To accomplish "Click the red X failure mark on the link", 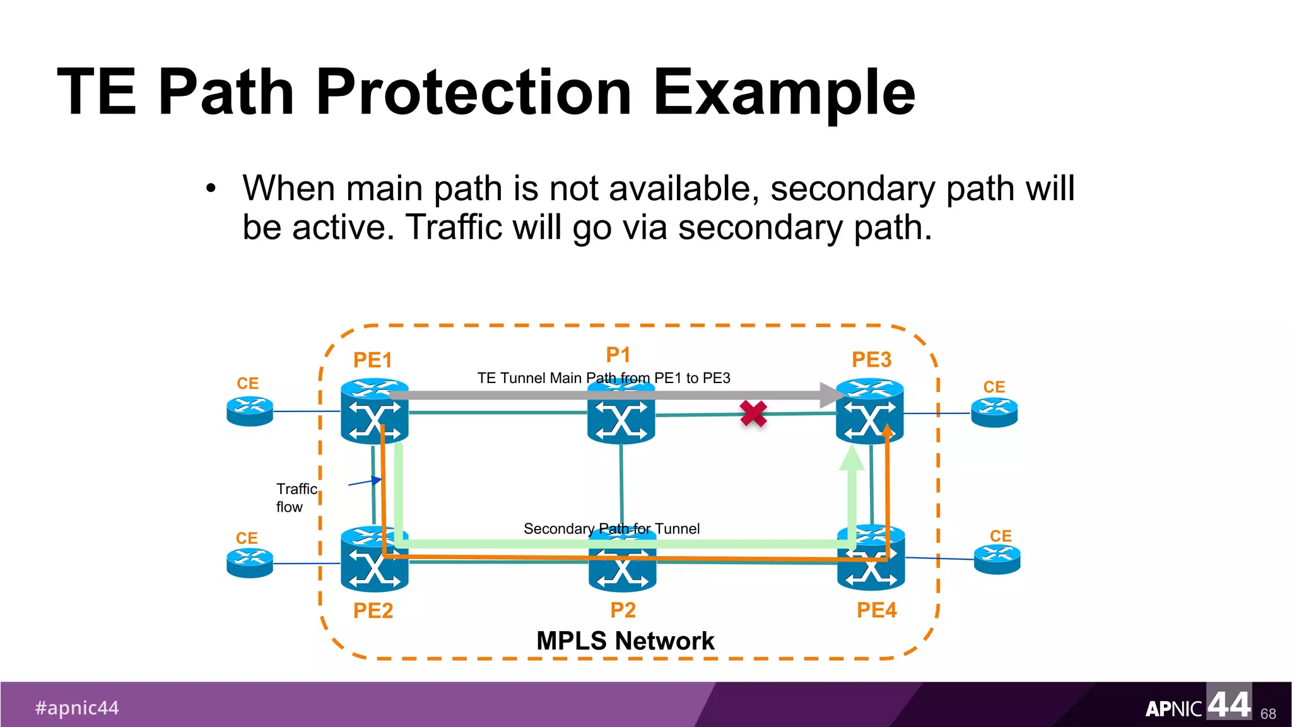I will [753, 414].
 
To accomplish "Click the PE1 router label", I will [372, 360].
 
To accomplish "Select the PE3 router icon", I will [869, 411].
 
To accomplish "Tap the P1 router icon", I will [621, 417].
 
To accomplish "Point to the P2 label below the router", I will [623, 610].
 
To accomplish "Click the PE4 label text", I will [876, 610].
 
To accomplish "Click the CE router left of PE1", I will [250, 411].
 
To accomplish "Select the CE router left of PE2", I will [250, 563].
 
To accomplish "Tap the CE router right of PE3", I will [994, 413].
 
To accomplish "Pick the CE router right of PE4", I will [997, 559].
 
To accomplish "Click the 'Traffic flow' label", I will [296, 498].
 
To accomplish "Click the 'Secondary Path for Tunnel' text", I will [611, 529].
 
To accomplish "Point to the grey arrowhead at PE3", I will [831, 395].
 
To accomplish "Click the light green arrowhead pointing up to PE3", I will [852, 458].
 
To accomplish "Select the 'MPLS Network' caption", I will [625, 641].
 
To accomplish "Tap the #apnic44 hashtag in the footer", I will [77, 708].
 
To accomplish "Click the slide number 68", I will [1268, 714].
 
